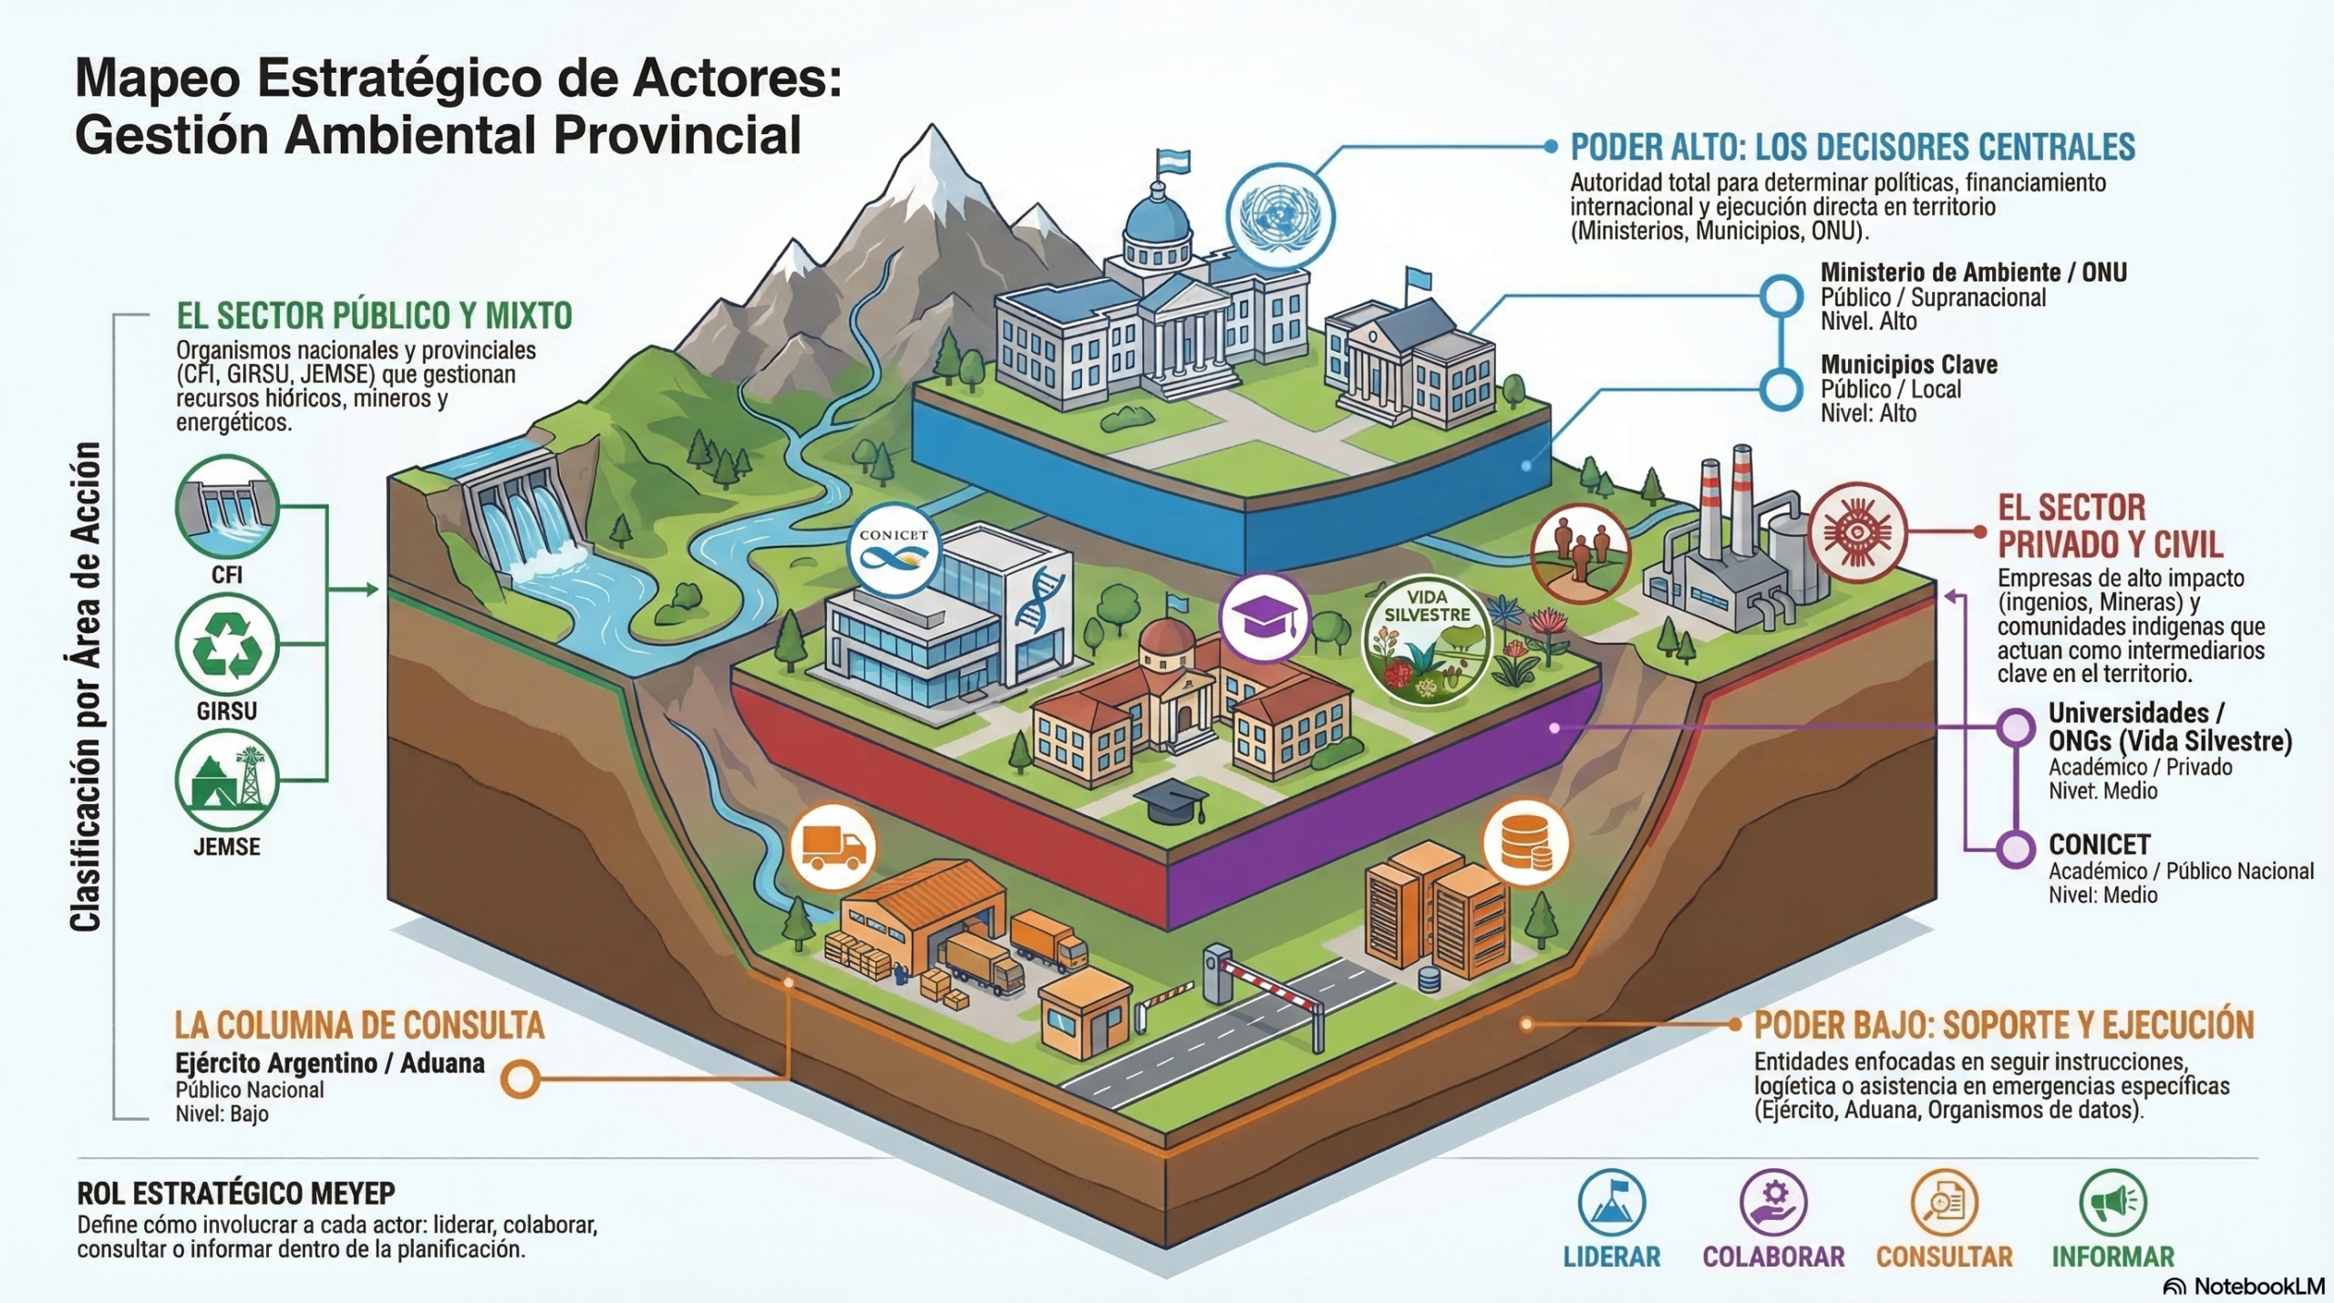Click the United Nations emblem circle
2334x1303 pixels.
(x=1280, y=217)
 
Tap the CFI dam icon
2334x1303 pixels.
(x=227, y=507)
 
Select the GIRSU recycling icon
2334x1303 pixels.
(x=227, y=644)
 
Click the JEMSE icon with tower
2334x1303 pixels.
(x=227, y=781)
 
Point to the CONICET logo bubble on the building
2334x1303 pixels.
(x=893, y=549)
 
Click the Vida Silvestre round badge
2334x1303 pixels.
(x=1428, y=640)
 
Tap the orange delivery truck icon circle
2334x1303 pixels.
(x=832, y=848)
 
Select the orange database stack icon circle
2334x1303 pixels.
(x=1526, y=843)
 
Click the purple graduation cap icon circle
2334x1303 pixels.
(x=1265, y=618)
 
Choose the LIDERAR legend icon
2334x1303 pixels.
(x=1612, y=1202)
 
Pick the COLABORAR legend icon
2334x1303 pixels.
(x=1773, y=1202)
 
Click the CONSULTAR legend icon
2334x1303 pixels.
(x=1944, y=1202)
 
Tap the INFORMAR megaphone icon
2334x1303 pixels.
(x=2113, y=1202)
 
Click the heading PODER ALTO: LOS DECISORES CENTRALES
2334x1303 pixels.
(x=1853, y=147)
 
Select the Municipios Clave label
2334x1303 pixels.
(x=1909, y=365)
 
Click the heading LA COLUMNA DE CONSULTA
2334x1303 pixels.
(x=360, y=1025)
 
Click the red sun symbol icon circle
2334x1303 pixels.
(x=1857, y=532)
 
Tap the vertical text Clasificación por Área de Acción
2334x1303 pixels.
(x=85, y=687)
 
